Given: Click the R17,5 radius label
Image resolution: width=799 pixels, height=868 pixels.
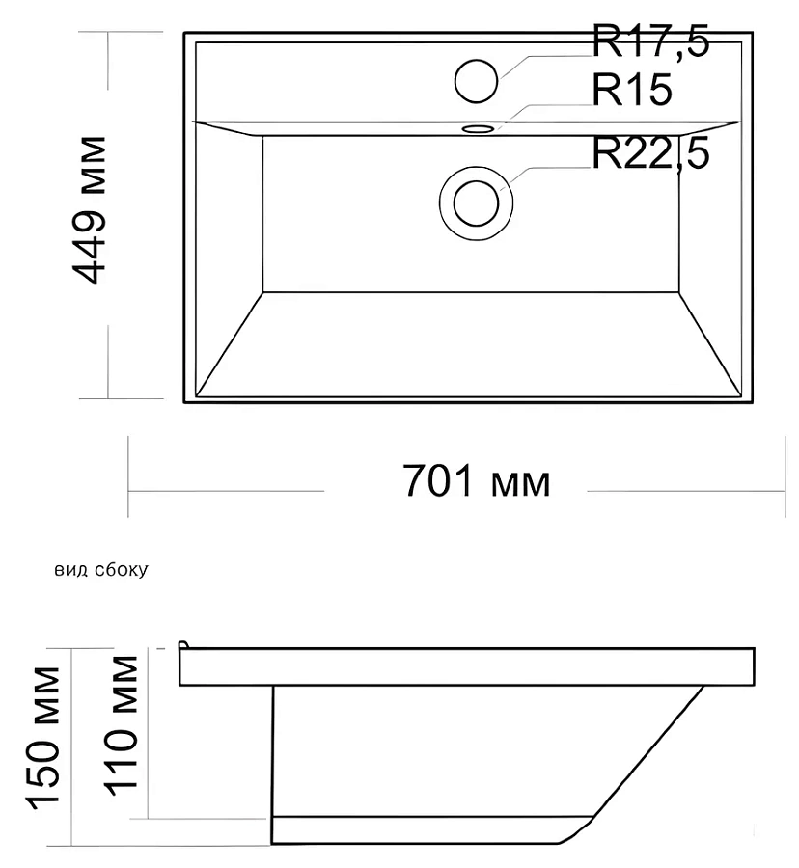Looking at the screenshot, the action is [x=650, y=41].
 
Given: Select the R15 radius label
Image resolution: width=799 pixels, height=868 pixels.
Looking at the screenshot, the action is [x=632, y=89].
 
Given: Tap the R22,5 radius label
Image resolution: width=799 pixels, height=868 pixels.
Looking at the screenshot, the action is [x=650, y=153].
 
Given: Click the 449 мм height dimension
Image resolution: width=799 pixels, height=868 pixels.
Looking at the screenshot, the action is [x=89, y=210].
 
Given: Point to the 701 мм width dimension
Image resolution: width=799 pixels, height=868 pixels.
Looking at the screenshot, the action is [x=476, y=481].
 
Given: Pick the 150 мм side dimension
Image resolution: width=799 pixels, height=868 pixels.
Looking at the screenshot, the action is [x=44, y=739].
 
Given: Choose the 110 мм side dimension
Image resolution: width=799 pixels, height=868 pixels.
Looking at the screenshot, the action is [x=122, y=725].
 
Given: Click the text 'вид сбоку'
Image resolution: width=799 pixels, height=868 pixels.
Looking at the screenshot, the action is [x=101, y=570].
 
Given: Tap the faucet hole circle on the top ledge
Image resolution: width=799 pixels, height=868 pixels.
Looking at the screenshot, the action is [x=476, y=81].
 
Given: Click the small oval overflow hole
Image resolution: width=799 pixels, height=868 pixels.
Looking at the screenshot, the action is [x=479, y=129].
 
